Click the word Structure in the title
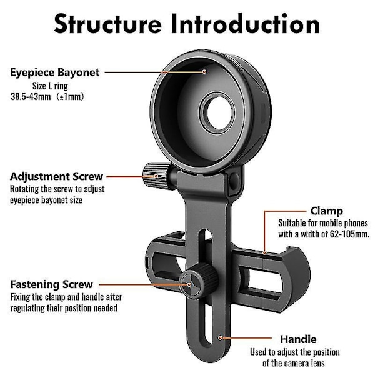coord(108,24)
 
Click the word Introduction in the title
coord(246,24)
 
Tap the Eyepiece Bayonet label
coord(55,72)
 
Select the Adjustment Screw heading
coord(56,176)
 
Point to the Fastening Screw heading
coord(51,284)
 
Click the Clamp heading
coord(327,211)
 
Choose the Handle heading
coord(298,339)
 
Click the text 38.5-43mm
coord(31,97)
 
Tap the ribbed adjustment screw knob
coord(157,176)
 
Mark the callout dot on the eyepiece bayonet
coord(204,71)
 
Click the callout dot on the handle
coord(220,337)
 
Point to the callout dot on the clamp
coord(264,252)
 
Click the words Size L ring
coord(50,86)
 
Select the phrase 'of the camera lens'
coord(294,363)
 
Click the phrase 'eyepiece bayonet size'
coord(46,200)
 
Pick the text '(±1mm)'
coord(71,97)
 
